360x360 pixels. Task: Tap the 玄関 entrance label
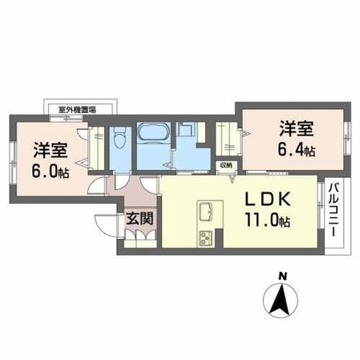pos(134,217)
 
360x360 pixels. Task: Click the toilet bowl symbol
pos(119,141)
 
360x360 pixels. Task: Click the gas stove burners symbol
pos(206,238)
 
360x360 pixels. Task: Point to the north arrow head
pos(281,301)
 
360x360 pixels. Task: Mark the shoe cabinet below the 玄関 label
pos(136,239)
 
